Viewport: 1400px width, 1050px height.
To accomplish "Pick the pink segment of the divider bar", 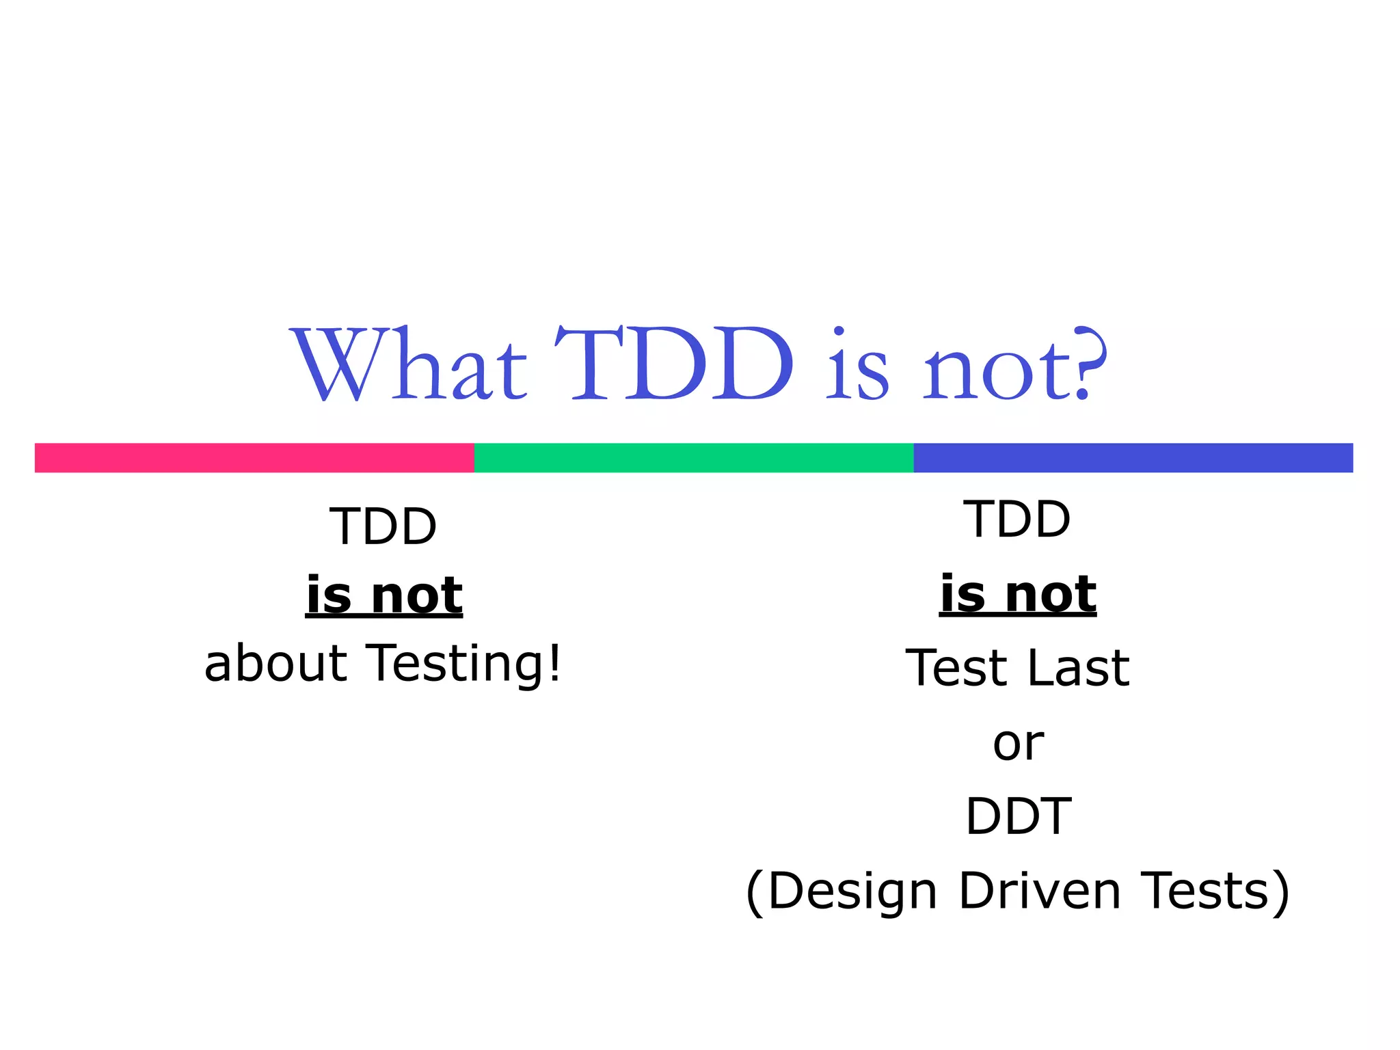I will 254,457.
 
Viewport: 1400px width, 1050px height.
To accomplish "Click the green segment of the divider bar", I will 693,457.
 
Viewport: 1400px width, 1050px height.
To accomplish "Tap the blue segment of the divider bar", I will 1133,457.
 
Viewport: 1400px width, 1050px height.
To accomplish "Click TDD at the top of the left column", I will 383,526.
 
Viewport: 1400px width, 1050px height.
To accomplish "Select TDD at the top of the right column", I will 1017,519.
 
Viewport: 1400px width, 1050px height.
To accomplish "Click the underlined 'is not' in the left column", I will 383,594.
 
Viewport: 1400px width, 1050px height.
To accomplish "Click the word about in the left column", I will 275,663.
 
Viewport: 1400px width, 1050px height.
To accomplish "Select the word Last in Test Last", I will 1078,667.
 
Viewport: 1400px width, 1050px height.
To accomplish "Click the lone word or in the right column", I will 1018,743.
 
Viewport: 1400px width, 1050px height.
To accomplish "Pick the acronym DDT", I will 1018,816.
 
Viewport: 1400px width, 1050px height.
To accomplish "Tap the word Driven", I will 1039,891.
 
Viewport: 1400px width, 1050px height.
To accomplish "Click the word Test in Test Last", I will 958,667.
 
